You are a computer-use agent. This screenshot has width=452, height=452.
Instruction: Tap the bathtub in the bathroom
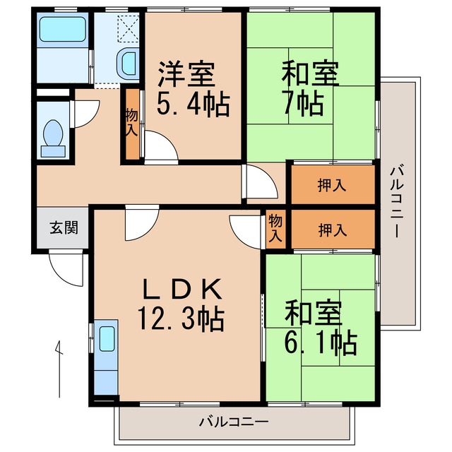coord(61,30)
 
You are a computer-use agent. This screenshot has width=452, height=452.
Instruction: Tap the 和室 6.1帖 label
coord(321,328)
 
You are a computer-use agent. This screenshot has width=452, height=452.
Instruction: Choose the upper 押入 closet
coord(331,185)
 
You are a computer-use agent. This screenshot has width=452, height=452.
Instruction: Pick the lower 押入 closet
coord(331,229)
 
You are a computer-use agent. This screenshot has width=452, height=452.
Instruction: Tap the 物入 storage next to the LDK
coord(275,229)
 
